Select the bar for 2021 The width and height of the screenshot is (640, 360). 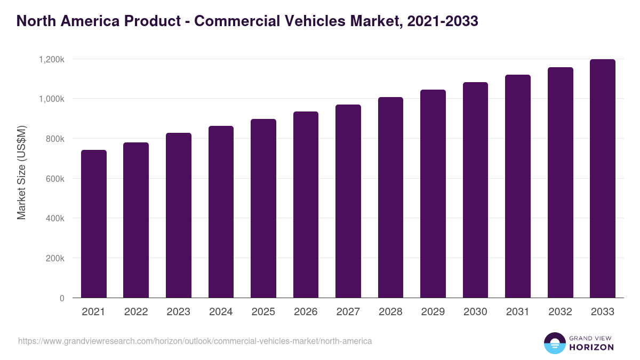point(94,224)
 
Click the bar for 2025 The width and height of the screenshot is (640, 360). point(263,209)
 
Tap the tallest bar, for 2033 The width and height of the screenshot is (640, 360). point(603,179)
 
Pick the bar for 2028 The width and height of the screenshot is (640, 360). point(391,197)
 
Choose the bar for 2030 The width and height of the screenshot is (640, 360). point(476,190)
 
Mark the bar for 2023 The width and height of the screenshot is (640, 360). point(179,215)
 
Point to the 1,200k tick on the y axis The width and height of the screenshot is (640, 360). point(52,59)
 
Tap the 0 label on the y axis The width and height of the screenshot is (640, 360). point(62,298)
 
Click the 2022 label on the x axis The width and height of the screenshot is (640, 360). point(136,312)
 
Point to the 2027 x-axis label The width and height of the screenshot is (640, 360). point(348,312)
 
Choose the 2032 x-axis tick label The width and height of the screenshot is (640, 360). point(561,312)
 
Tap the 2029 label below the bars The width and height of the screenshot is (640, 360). point(433,312)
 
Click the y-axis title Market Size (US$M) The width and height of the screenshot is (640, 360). point(21,172)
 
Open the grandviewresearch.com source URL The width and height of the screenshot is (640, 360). point(195,341)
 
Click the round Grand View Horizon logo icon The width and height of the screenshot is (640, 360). point(554,343)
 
